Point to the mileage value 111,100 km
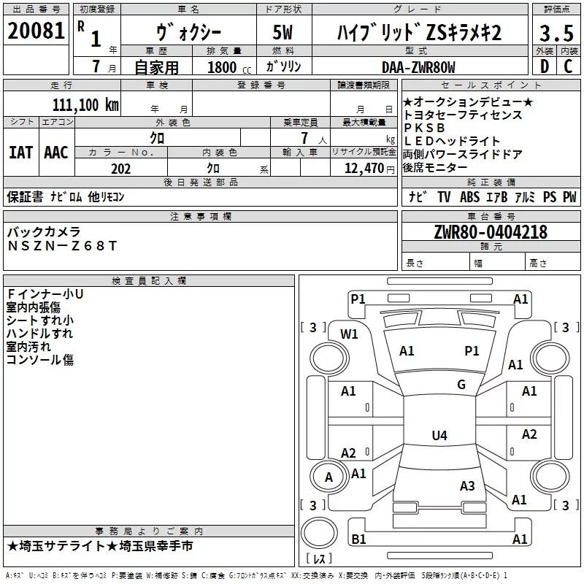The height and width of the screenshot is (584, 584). (85, 105)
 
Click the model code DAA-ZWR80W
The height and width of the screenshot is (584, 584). (418, 67)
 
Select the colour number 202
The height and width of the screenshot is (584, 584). (120, 169)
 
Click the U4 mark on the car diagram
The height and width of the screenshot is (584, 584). (439, 436)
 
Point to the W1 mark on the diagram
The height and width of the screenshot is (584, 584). (350, 334)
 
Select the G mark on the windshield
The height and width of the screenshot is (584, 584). (461, 385)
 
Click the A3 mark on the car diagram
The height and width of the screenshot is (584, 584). (467, 486)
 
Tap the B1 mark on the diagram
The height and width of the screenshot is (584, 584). (358, 539)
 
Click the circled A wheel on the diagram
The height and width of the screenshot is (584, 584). (328, 477)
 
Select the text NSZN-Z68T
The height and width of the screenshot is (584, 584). (61, 246)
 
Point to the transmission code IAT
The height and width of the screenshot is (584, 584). (20, 153)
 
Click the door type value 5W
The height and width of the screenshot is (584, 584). (284, 32)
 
